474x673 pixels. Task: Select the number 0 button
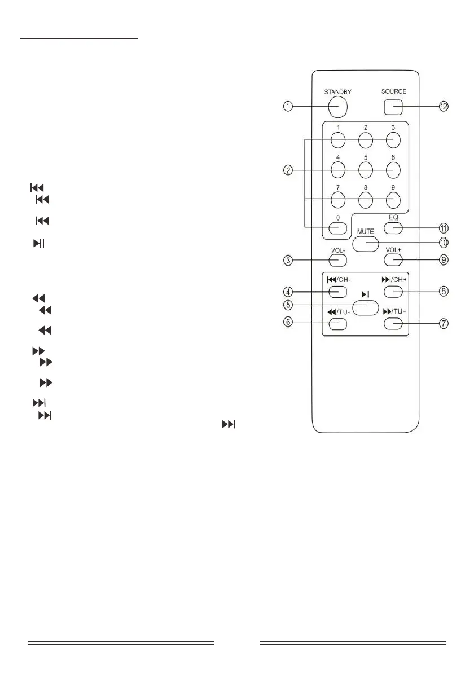337,228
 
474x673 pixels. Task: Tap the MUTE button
365,243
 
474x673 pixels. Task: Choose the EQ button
393,228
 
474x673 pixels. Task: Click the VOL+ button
393,259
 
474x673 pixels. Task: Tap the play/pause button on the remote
365,306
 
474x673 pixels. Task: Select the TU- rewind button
337,323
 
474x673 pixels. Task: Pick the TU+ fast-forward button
393,323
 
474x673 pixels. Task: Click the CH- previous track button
337,292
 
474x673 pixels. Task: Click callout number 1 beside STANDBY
288,107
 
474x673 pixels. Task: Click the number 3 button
393,139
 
